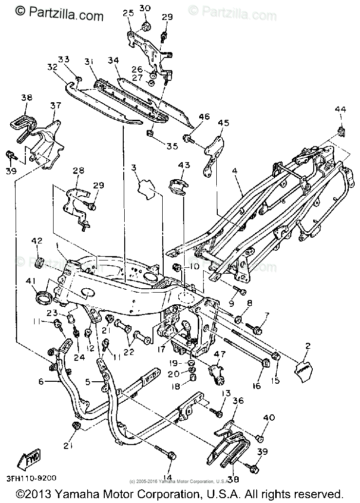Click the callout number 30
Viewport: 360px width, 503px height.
pos(146,8)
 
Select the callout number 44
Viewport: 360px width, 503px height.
pos(340,111)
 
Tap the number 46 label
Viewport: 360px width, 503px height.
pos(204,117)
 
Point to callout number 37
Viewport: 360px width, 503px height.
pos(56,106)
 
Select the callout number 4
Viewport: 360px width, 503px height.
pos(235,171)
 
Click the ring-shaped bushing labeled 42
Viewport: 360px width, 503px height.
pos(39,263)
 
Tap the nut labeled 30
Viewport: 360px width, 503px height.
pos(145,26)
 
